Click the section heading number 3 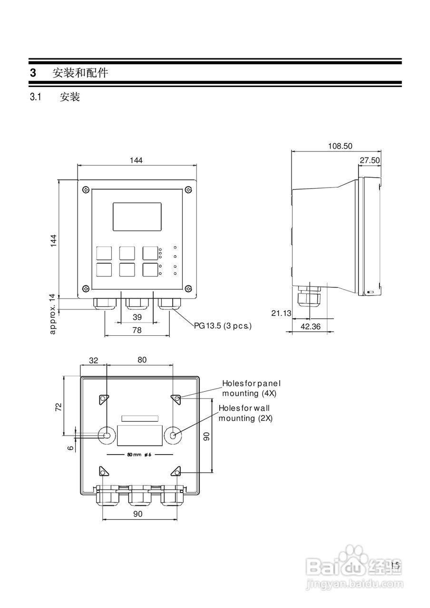click(33, 73)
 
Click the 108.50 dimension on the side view click(340, 146)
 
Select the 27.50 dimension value click(370, 161)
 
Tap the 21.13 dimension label click(280, 313)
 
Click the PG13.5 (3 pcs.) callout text click(222, 326)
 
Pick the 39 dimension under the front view click(137, 317)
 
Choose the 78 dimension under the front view click(137, 331)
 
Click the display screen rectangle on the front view click(137, 217)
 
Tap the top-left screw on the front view click(85, 190)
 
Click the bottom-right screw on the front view click(189, 288)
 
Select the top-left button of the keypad click(104, 253)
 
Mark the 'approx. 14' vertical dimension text click(53, 313)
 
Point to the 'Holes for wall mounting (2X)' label click(247, 413)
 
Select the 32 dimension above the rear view click(93, 360)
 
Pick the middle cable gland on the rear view click(140, 496)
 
